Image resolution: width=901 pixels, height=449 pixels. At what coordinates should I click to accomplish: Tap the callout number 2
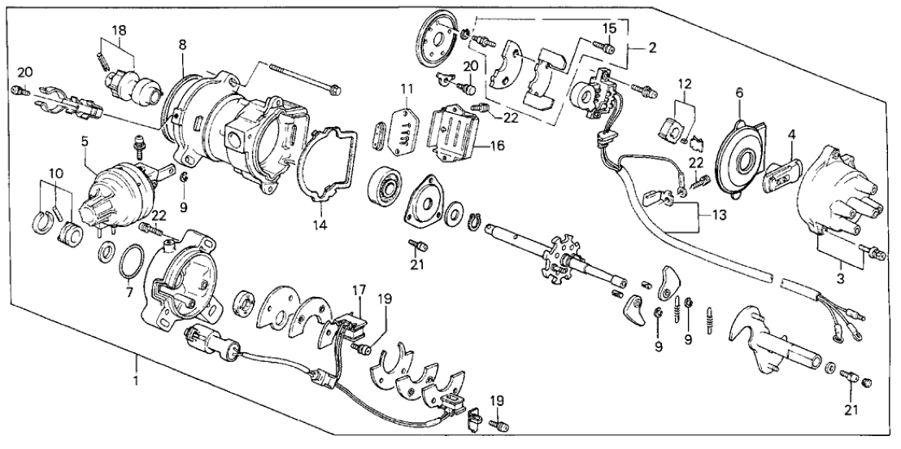(x=653, y=48)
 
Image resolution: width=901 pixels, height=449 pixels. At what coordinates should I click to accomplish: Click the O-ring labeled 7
(x=128, y=264)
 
